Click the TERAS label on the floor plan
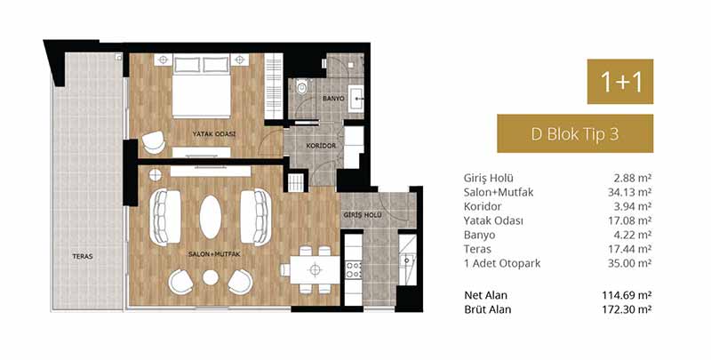pos(83,256)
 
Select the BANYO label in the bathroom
pos(333,99)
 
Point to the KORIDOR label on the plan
pos(321,146)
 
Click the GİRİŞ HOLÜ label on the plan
pos(362,215)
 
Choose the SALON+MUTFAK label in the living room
pos(214,254)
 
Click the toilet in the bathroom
pos(302,86)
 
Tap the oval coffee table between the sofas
pos(211,217)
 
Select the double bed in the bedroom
pos(202,86)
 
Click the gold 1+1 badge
pos(619,82)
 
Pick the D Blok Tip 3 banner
pos(575,133)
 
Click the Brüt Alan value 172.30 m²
pos(626,309)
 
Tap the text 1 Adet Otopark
pos(502,263)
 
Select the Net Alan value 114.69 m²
pos(626,295)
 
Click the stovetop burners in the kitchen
pos(353,269)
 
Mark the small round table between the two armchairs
pos(211,277)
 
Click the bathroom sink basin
pos(357,98)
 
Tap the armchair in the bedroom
pos(153,142)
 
